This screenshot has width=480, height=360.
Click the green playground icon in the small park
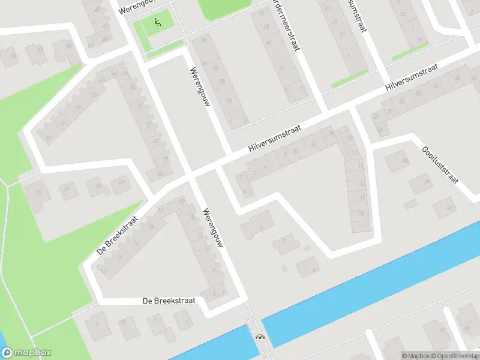(158, 23)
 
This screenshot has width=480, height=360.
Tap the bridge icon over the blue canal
(260, 337)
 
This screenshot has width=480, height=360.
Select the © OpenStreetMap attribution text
(454, 356)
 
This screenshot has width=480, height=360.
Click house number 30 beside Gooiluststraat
(450, 208)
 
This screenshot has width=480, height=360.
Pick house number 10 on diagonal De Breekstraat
(105, 271)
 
